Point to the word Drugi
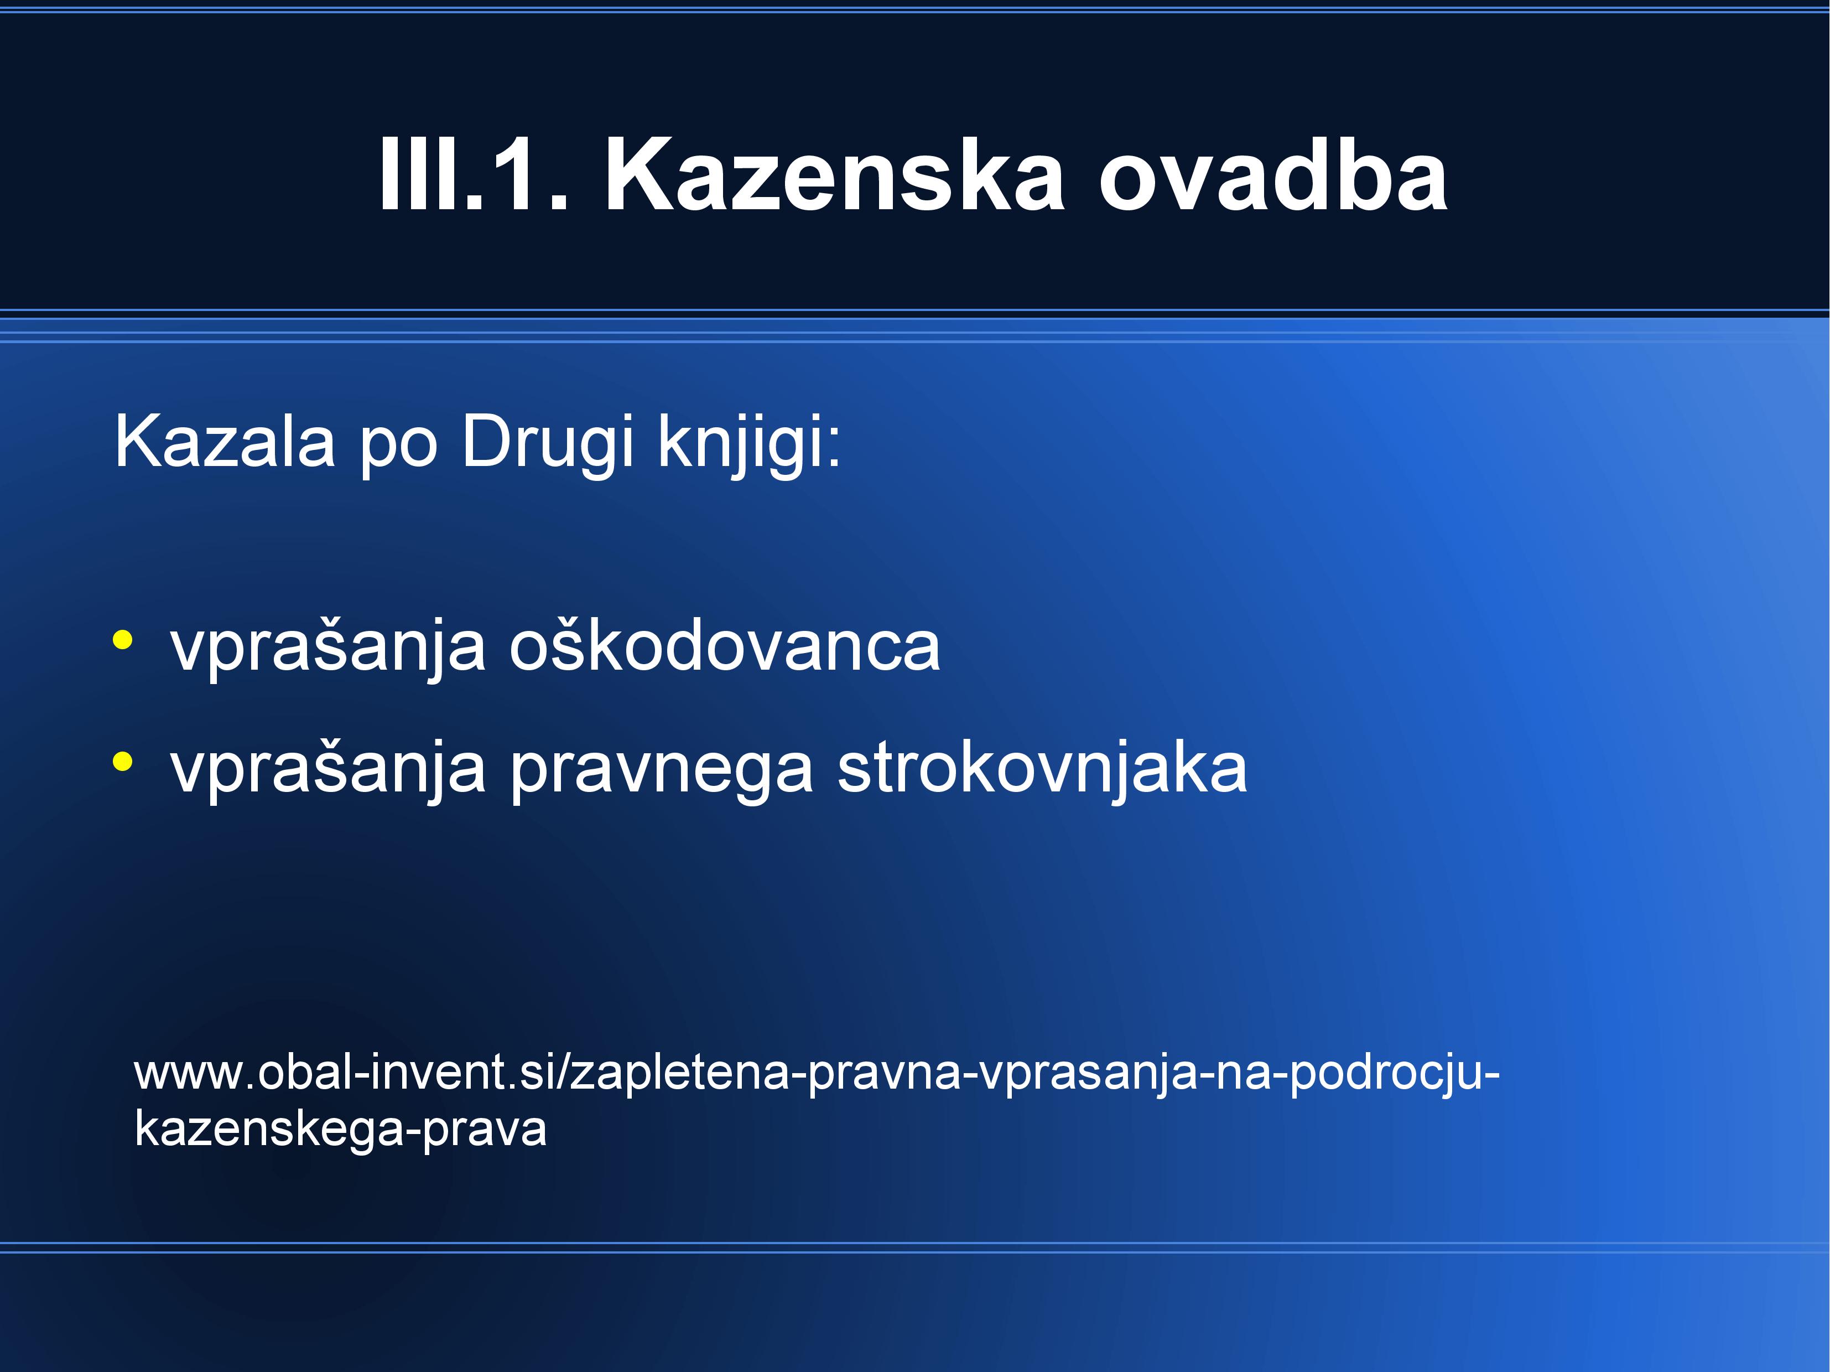coord(548,445)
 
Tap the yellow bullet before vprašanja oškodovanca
coord(122,640)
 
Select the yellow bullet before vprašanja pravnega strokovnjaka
coord(122,762)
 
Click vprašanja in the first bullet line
coord(327,649)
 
